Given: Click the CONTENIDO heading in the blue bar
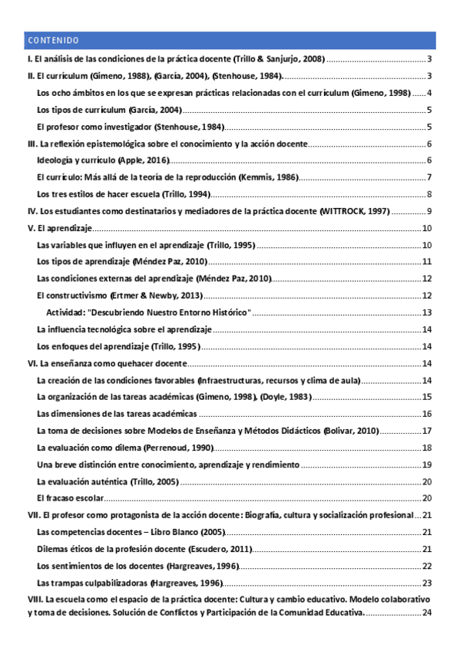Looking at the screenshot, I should tap(52, 40).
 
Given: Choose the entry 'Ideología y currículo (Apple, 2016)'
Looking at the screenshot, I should tap(102, 160).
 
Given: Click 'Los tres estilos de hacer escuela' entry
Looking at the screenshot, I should tap(122, 194).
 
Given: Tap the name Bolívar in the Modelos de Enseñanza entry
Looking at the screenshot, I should tap(343, 431).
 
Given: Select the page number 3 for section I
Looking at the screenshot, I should tap(432, 59).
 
